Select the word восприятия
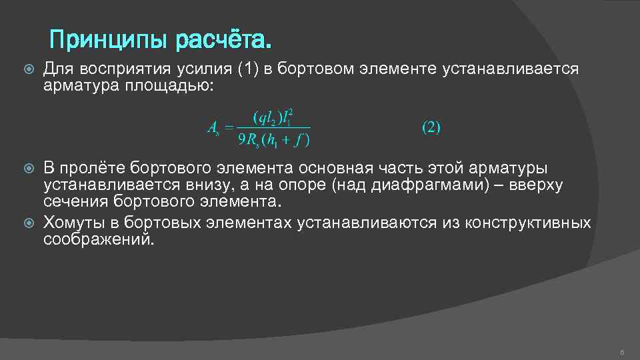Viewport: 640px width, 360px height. coord(127,69)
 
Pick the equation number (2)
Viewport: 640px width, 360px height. coord(431,127)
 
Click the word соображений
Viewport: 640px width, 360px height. coord(98,239)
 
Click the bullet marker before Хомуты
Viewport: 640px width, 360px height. coord(27,222)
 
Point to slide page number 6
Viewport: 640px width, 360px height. coord(621,351)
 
